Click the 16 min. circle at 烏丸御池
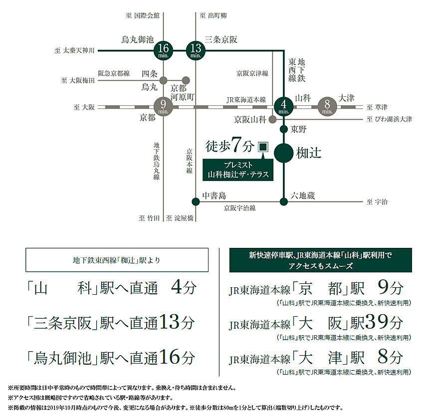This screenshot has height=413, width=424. point(163,50)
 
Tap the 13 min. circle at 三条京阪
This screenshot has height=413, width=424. point(196,50)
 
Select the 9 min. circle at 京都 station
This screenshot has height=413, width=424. point(163,107)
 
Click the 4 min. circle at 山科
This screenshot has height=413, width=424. point(283,107)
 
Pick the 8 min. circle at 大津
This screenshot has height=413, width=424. point(327,107)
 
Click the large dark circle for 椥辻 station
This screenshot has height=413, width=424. point(283,153)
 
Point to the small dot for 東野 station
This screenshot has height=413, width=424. point(283,129)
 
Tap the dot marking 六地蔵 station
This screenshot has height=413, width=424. point(283,202)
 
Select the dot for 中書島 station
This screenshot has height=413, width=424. point(196,202)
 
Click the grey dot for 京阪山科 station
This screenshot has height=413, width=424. point(272,119)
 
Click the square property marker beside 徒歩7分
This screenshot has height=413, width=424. point(263,147)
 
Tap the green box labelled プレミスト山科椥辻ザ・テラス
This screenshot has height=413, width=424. point(238,170)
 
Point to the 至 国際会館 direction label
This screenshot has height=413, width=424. point(142,15)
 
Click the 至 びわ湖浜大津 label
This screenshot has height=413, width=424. point(389,119)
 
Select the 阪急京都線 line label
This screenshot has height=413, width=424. point(114,73)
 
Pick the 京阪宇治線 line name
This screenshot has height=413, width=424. point(239,208)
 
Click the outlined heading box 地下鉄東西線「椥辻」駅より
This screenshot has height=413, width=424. point(117,260)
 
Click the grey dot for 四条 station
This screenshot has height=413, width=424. point(163,80)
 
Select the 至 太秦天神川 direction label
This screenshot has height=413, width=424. point(74,50)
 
